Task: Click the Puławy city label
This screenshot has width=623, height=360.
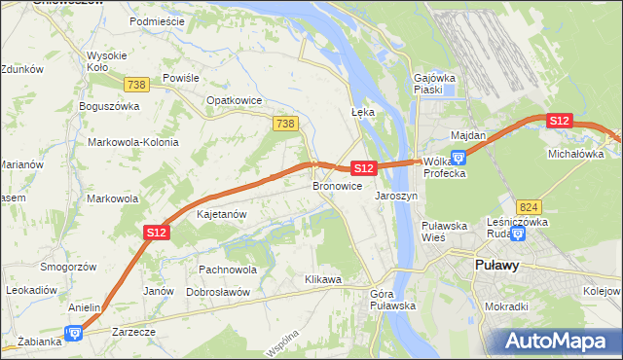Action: [495, 264]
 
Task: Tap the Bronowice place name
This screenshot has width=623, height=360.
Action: [338, 185]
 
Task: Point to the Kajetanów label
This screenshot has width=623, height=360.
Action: [222, 213]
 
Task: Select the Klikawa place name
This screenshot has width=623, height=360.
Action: [323, 279]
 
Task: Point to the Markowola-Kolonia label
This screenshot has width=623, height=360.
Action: [133, 142]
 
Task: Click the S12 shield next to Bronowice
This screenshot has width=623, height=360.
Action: [363, 168]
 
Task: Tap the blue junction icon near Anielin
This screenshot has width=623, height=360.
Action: [73, 333]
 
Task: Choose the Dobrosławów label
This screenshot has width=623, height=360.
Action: [219, 292]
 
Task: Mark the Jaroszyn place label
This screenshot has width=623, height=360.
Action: [396, 196]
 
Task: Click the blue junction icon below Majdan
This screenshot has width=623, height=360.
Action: [459, 155]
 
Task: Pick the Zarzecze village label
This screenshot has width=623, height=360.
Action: [133, 332]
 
